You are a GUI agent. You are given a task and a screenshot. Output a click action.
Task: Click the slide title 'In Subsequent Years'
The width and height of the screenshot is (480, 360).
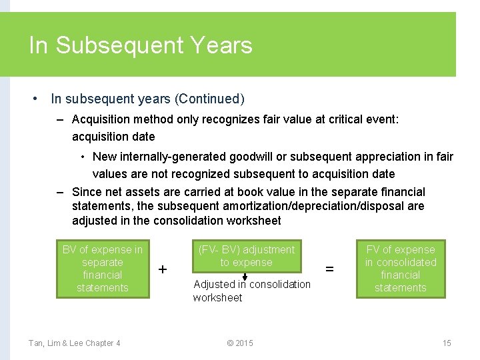141,45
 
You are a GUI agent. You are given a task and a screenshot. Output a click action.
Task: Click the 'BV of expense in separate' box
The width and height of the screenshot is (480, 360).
102,269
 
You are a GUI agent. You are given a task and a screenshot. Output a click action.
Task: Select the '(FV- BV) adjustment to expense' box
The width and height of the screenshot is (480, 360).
246,256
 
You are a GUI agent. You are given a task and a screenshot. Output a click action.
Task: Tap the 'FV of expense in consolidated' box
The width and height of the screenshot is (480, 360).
401,269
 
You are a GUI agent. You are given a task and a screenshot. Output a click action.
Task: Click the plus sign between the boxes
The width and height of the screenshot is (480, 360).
163,269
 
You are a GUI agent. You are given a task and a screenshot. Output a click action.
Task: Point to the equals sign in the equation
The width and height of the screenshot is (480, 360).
329,269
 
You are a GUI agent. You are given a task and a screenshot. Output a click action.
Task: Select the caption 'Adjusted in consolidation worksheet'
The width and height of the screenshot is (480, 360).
251,291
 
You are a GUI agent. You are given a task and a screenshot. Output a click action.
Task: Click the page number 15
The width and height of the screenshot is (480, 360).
447,343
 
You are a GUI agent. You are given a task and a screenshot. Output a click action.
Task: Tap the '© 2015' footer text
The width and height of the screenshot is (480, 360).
240,343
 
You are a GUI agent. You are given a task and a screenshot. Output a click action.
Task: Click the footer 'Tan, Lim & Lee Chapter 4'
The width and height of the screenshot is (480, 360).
74,343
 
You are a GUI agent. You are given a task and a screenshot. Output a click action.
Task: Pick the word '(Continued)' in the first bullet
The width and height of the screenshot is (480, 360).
209,99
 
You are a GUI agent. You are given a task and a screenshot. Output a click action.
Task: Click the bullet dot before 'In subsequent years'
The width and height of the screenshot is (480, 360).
34,99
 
